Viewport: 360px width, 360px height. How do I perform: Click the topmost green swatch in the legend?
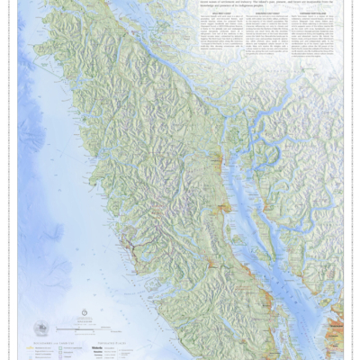[36, 347]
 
